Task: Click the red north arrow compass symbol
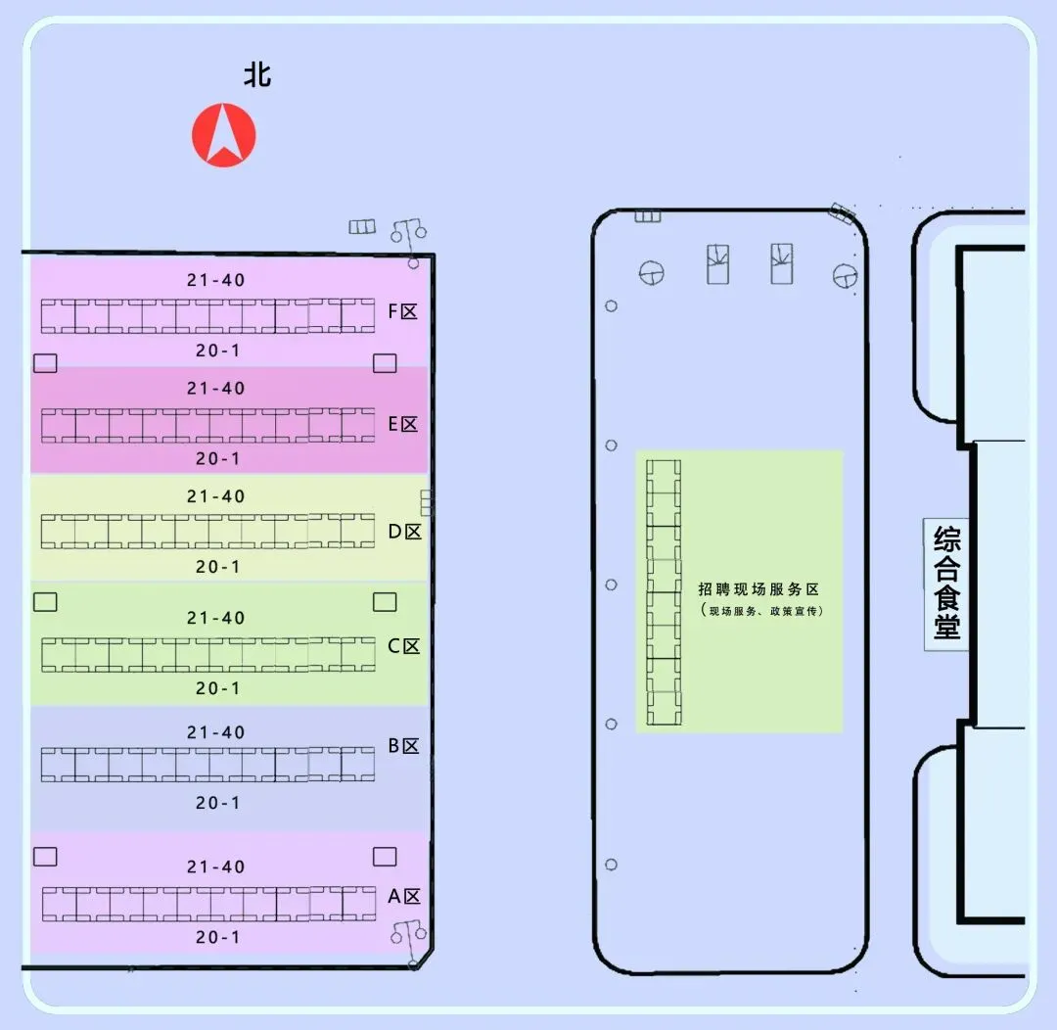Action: (223, 135)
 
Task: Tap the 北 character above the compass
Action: (257, 75)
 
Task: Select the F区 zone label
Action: (403, 312)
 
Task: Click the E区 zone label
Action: (403, 424)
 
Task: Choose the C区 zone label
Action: (403, 646)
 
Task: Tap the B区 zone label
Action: (403, 746)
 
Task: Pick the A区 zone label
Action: (403, 897)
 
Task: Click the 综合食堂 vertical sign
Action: (946, 584)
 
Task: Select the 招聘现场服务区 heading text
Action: (758, 589)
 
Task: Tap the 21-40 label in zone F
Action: (216, 280)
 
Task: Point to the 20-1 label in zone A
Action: (217, 937)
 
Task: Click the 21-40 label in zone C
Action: (216, 618)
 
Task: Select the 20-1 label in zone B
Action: (217, 803)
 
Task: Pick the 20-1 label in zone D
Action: (217, 567)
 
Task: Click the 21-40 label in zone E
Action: (216, 389)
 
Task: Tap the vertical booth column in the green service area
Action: (665, 592)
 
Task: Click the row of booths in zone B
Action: (207, 765)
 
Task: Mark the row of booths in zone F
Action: (207, 316)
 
